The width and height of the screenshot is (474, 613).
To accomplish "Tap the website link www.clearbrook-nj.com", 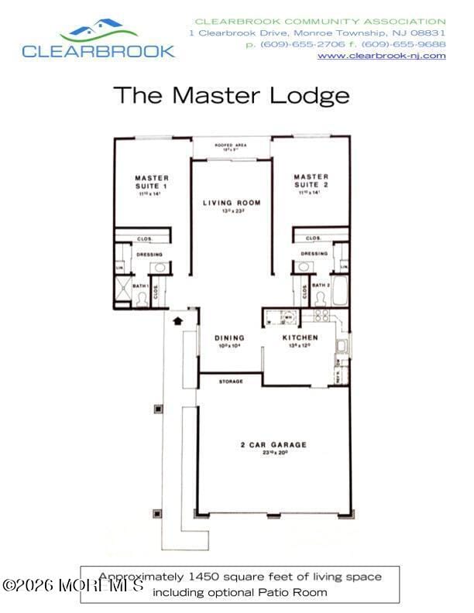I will point(382,56).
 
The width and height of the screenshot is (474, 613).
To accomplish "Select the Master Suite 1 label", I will point(151,182).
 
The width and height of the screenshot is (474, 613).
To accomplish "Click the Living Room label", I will point(232,203).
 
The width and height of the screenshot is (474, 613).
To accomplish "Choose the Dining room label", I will point(229,338).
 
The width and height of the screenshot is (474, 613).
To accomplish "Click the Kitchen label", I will point(300,338).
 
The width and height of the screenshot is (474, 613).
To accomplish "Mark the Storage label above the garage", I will point(231,382).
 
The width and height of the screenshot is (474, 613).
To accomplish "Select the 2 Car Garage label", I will point(273,445).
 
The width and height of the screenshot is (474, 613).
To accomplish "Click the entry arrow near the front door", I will point(177,318).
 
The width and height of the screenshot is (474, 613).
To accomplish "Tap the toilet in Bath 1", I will point(141,299).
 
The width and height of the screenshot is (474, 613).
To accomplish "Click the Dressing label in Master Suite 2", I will point(314,253).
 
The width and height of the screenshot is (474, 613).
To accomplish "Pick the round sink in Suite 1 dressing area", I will point(159,267).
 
